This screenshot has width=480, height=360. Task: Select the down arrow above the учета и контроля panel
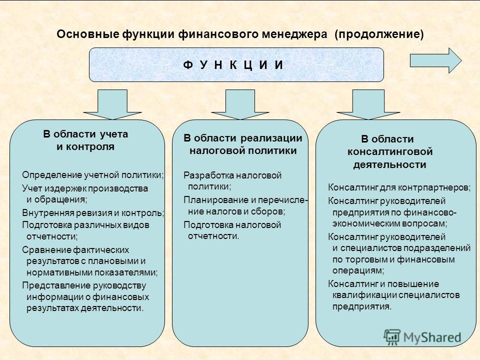[x=112, y=104]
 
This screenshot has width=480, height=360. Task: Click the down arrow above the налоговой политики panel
[x=240, y=104]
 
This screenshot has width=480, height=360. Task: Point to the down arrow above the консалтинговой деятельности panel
[x=368, y=104]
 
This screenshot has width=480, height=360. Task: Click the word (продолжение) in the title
[x=379, y=34]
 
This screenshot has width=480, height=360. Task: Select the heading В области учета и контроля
[x=85, y=140]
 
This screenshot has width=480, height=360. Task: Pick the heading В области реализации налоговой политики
[x=243, y=144]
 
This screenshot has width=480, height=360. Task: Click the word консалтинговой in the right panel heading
[x=390, y=151]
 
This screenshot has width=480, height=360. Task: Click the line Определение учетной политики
[x=93, y=175]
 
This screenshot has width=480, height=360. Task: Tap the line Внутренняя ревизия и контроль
[x=93, y=213]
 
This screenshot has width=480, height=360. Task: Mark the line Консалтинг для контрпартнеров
[x=399, y=187]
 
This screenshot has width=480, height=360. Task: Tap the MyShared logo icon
[x=392, y=337]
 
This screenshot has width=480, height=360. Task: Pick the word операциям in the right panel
[x=358, y=270]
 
